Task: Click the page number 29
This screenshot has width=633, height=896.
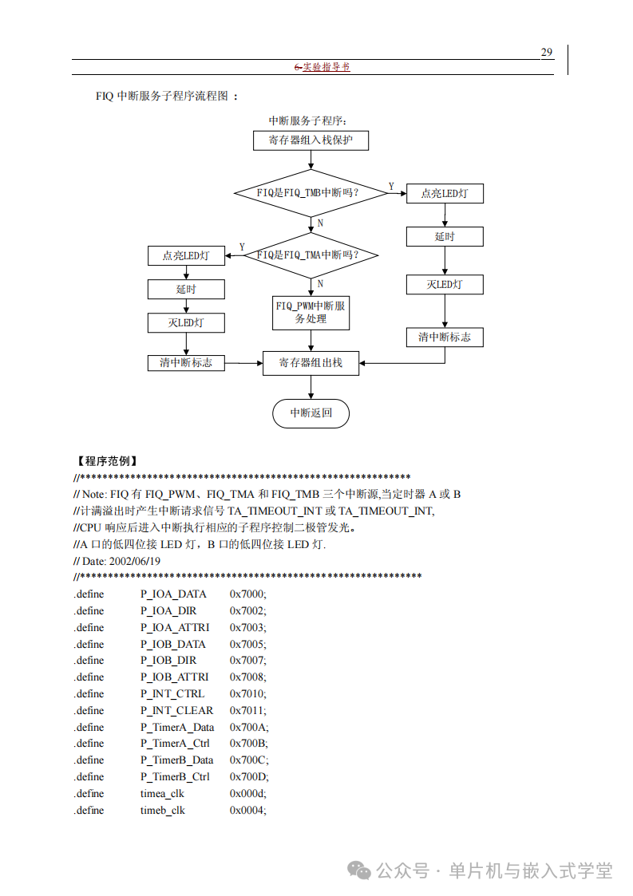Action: [x=547, y=53]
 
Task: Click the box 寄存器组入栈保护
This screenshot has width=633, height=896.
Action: [x=311, y=140]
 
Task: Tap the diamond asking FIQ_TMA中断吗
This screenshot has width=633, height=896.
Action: [x=311, y=255]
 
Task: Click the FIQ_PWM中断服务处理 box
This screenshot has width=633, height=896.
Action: [x=311, y=312]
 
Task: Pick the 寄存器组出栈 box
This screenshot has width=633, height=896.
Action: [x=311, y=363]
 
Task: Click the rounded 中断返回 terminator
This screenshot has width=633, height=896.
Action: [x=311, y=413]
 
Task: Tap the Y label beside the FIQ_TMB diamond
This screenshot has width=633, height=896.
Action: [x=391, y=187]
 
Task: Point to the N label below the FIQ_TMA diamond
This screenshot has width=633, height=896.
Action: [x=320, y=283]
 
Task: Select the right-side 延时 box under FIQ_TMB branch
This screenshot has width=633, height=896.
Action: [x=445, y=237]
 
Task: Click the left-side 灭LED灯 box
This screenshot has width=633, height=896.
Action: [x=186, y=322]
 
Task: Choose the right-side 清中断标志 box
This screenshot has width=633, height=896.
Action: [x=445, y=337]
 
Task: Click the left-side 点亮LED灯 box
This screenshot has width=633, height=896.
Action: [x=186, y=256]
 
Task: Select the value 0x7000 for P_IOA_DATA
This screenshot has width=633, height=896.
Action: [x=247, y=594]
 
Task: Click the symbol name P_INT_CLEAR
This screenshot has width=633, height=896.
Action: [x=176, y=710]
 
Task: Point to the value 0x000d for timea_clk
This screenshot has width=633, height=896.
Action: [x=247, y=793]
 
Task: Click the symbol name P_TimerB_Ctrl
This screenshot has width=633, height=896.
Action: [x=175, y=776]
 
